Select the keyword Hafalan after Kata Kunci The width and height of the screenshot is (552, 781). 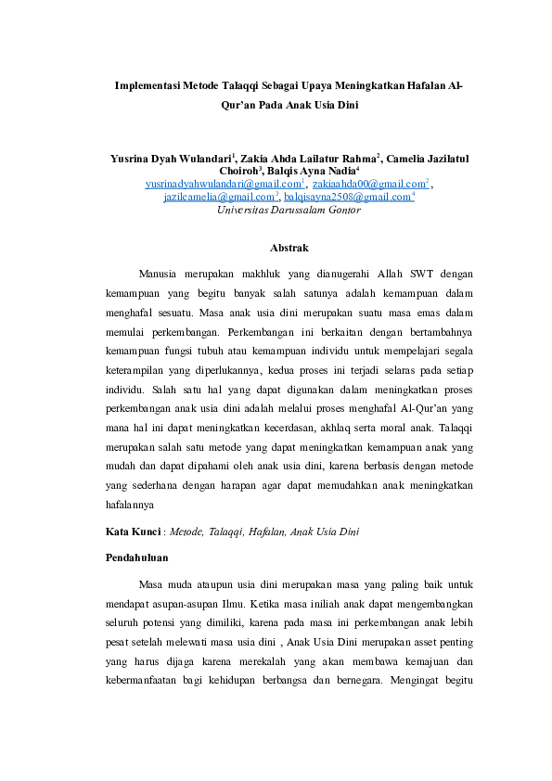[x=266, y=532]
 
